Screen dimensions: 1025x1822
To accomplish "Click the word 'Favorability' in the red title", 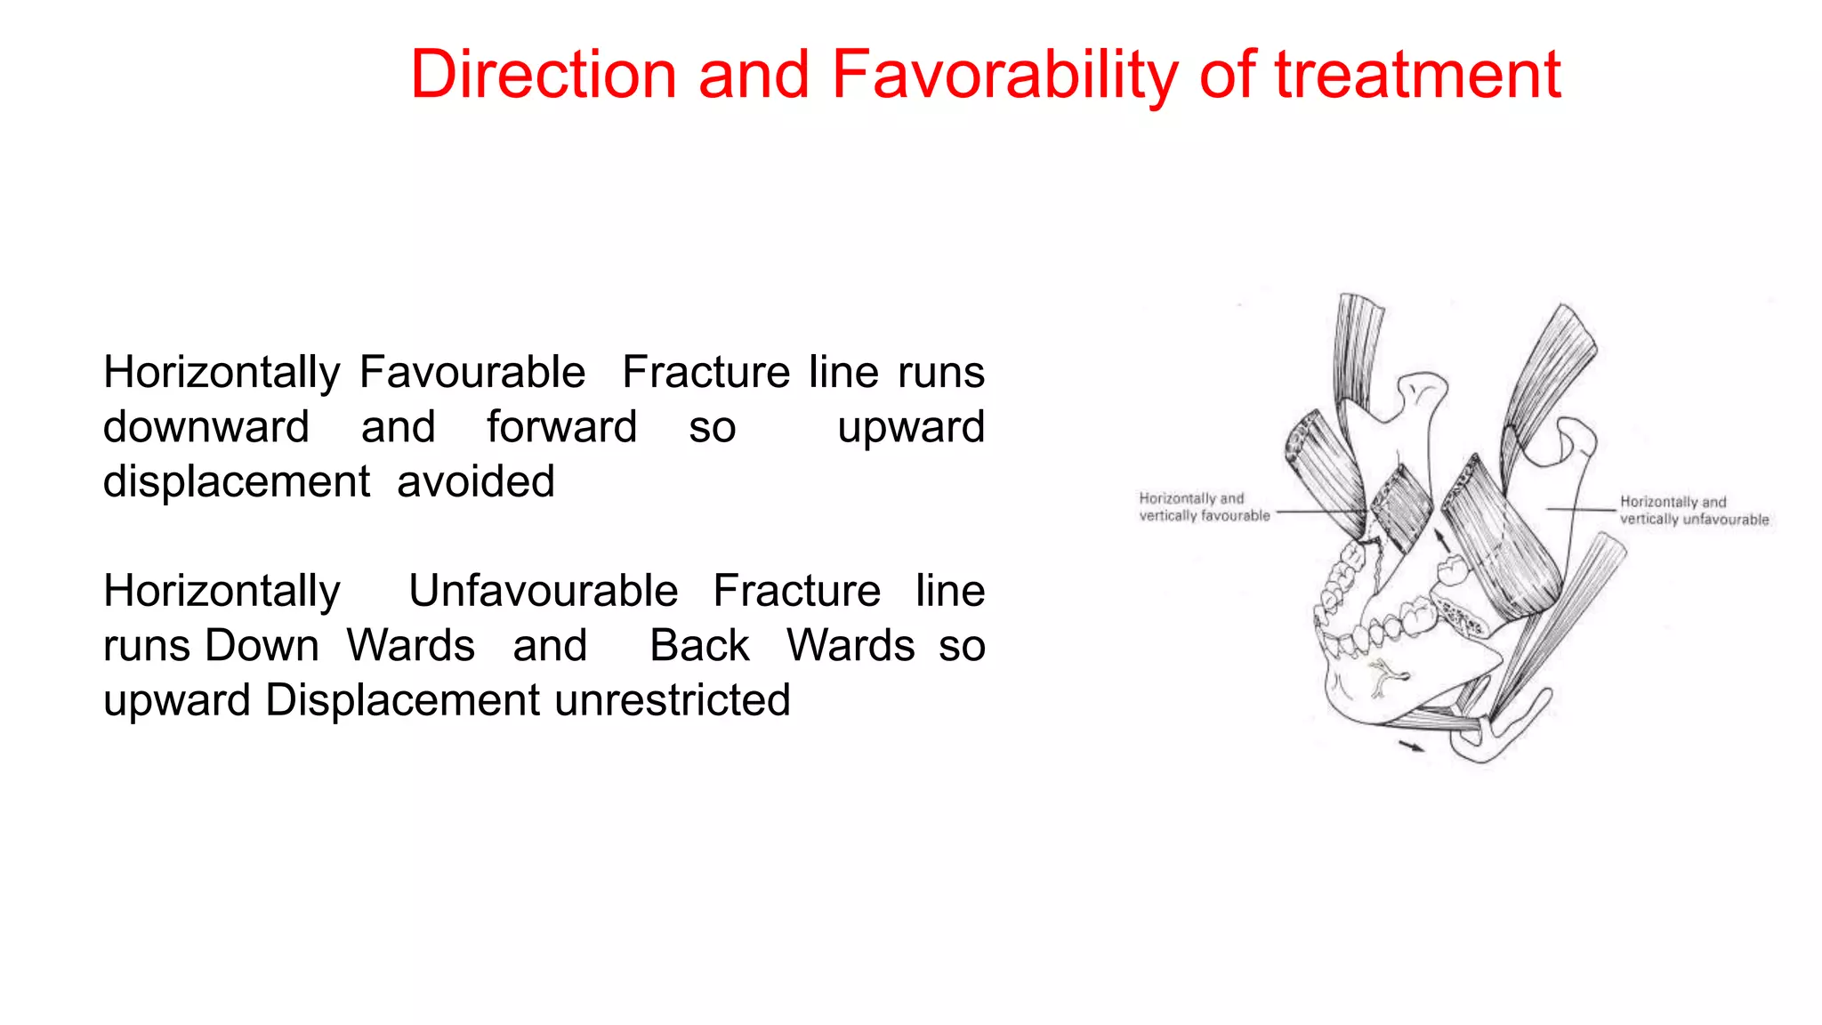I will pos(1004,75).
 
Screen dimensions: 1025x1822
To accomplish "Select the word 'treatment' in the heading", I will pos(1417,75).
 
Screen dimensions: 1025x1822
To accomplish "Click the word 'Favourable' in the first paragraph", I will pos(472,372).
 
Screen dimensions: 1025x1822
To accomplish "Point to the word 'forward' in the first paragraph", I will pos(561,427).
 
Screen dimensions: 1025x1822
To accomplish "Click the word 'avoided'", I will pos(475,481).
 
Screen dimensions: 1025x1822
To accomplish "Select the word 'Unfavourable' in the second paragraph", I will pos(543,591).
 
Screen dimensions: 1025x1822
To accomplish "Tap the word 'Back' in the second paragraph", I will pos(699,645).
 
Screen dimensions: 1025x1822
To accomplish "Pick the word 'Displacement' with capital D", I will pos(402,700).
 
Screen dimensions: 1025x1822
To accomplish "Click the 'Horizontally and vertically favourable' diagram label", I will pos(1204,507).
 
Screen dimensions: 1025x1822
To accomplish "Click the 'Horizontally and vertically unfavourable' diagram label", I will pos(1693,511).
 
